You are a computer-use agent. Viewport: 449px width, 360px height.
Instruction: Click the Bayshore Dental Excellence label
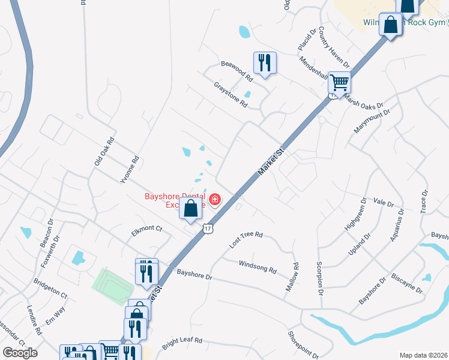[174, 200]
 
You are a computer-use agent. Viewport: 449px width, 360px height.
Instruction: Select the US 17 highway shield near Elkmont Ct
[208, 228]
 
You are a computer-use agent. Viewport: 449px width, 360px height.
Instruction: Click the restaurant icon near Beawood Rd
[265, 62]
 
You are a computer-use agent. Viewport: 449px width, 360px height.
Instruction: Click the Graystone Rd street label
[231, 95]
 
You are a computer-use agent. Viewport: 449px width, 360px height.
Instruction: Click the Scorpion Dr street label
[320, 276]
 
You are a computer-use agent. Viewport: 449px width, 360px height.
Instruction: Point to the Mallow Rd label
[292, 277]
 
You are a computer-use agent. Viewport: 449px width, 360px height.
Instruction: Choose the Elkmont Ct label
[146, 229]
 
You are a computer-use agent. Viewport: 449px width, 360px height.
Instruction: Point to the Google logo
[20, 352]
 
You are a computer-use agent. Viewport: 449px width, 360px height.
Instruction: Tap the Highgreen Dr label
[354, 218]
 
